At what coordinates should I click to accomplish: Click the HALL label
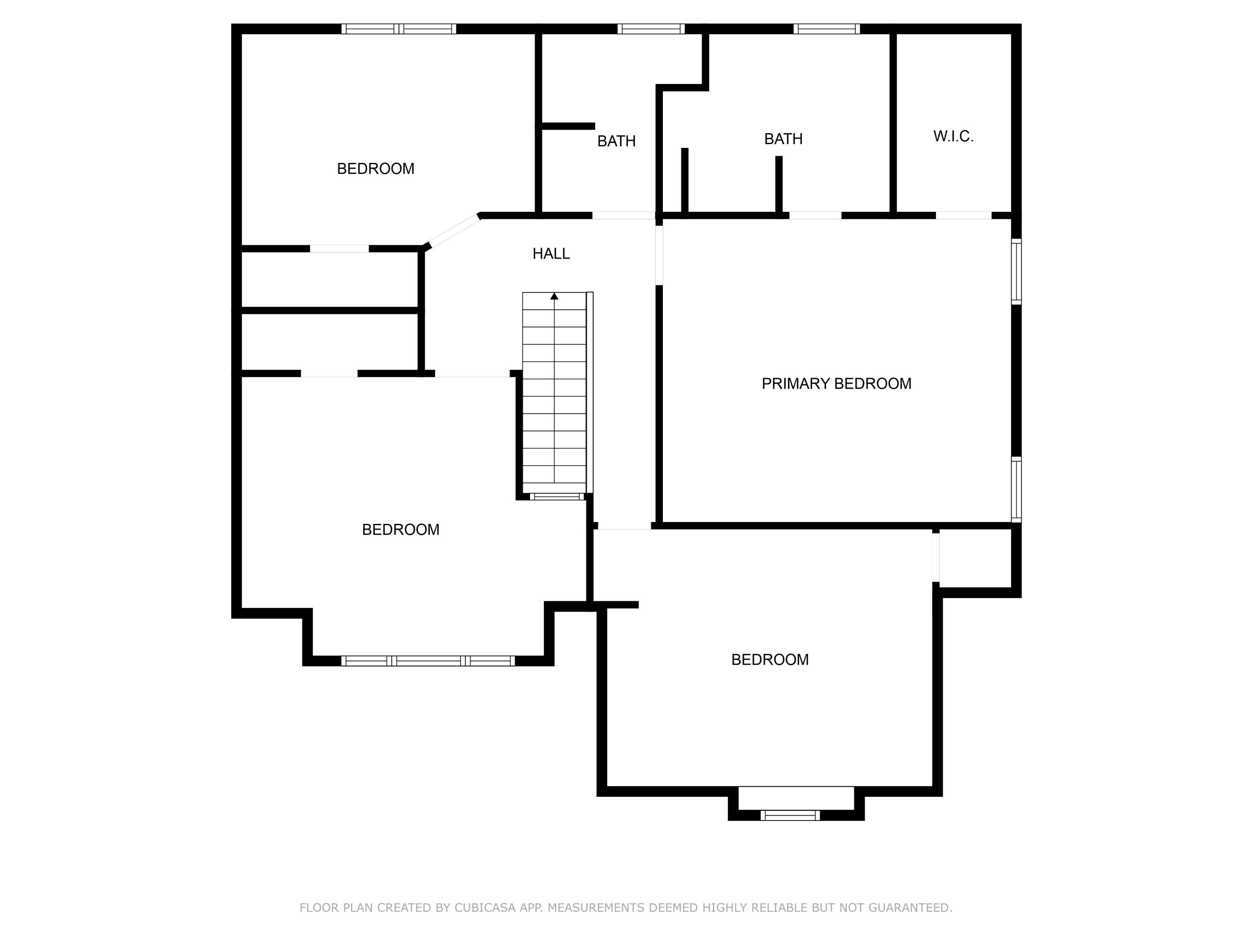(x=550, y=254)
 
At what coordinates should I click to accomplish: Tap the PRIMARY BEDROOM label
(x=836, y=384)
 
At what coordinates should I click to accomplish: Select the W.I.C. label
(x=954, y=137)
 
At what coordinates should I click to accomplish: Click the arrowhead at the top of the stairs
(x=554, y=296)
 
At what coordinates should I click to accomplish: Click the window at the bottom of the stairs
(x=556, y=497)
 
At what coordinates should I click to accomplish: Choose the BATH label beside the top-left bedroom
(x=616, y=141)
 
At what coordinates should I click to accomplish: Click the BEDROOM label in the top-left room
(x=375, y=169)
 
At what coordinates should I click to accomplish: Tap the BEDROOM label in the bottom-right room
(x=770, y=660)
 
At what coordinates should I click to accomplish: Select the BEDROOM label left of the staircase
(x=401, y=530)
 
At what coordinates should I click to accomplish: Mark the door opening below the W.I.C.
(x=963, y=215)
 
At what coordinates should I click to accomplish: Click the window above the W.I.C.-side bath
(x=827, y=29)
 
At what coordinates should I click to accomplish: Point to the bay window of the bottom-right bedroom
(x=790, y=816)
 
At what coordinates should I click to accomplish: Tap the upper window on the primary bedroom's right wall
(x=1016, y=272)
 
